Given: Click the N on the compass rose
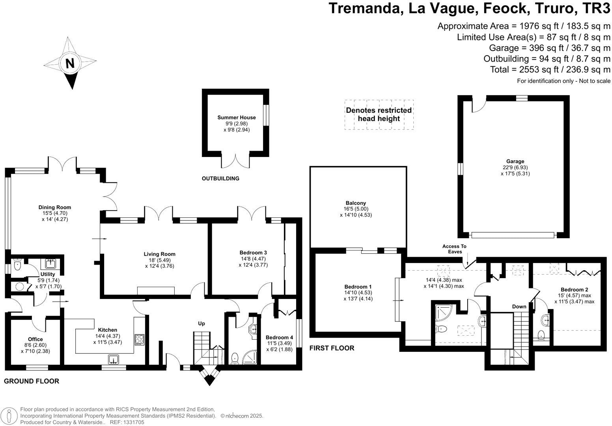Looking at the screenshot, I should click(70, 63).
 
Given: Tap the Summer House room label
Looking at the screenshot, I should click(236, 117).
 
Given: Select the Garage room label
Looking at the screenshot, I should click(515, 161).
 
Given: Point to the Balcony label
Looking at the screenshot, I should click(355, 203).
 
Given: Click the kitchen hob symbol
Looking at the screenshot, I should click(140, 339).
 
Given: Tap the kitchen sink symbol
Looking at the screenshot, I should click(114, 359).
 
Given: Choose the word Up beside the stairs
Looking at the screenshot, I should click(202, 323).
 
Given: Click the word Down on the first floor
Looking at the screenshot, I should click(519, 306).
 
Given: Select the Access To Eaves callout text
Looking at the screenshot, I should click(454, 249).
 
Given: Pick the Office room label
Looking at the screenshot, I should click(35, 339).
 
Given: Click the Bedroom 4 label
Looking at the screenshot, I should click(279, 337).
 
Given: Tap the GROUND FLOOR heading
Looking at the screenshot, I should click(32, 381).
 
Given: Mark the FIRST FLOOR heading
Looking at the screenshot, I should click(332, 348).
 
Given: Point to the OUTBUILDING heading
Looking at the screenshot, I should click(220, 178).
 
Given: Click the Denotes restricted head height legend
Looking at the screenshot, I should click(379, 114).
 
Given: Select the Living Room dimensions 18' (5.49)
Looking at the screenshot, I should click(159, 260).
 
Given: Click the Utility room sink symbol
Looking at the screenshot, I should click(50, 263).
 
